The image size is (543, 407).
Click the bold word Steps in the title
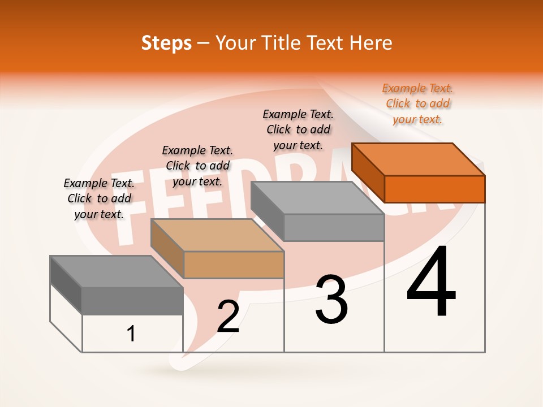pos(166,43)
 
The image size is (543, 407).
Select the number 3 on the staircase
pos(331,300)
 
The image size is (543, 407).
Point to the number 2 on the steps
pos(229,317)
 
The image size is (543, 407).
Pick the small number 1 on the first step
pos(131,334)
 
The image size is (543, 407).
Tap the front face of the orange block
pos(434,189)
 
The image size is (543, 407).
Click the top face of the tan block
pos(217,235)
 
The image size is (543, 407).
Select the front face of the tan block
pos(234,265)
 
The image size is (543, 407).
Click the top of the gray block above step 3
pos(317,198)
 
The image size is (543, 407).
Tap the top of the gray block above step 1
pos(117,271)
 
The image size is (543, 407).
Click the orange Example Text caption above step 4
pos(417,104)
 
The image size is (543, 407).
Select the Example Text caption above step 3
pos(298,129)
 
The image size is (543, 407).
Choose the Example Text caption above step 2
pos(197,166)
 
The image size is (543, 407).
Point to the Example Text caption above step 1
pos(99,198)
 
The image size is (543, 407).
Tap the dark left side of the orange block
pos(368,173)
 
